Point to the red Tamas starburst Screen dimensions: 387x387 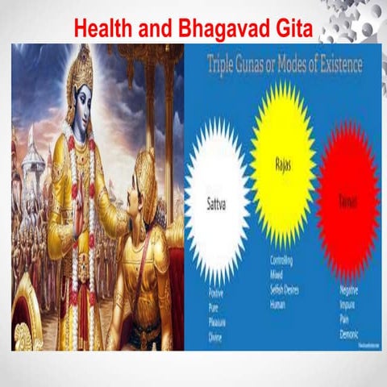click(348, 202)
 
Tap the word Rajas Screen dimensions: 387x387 click(282, 167)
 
